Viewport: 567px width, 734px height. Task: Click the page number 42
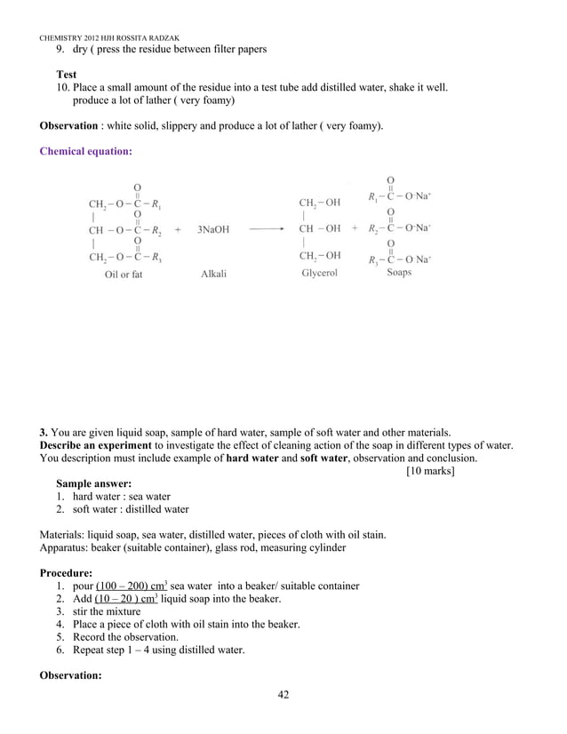tap(283, 694)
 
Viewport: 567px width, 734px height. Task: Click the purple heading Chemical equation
tap(86, 151)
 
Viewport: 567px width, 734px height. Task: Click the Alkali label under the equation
tap(214, 274)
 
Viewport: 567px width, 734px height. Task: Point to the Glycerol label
tap(320, 273)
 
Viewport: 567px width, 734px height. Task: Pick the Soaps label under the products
tap(399, 273)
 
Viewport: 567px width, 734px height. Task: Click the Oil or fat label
tap(124, 275)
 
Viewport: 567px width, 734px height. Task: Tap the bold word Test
tap(67, 75)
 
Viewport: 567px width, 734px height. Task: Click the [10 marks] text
tap(430, 471)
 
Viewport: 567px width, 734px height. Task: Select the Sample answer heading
tap(94, 484)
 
